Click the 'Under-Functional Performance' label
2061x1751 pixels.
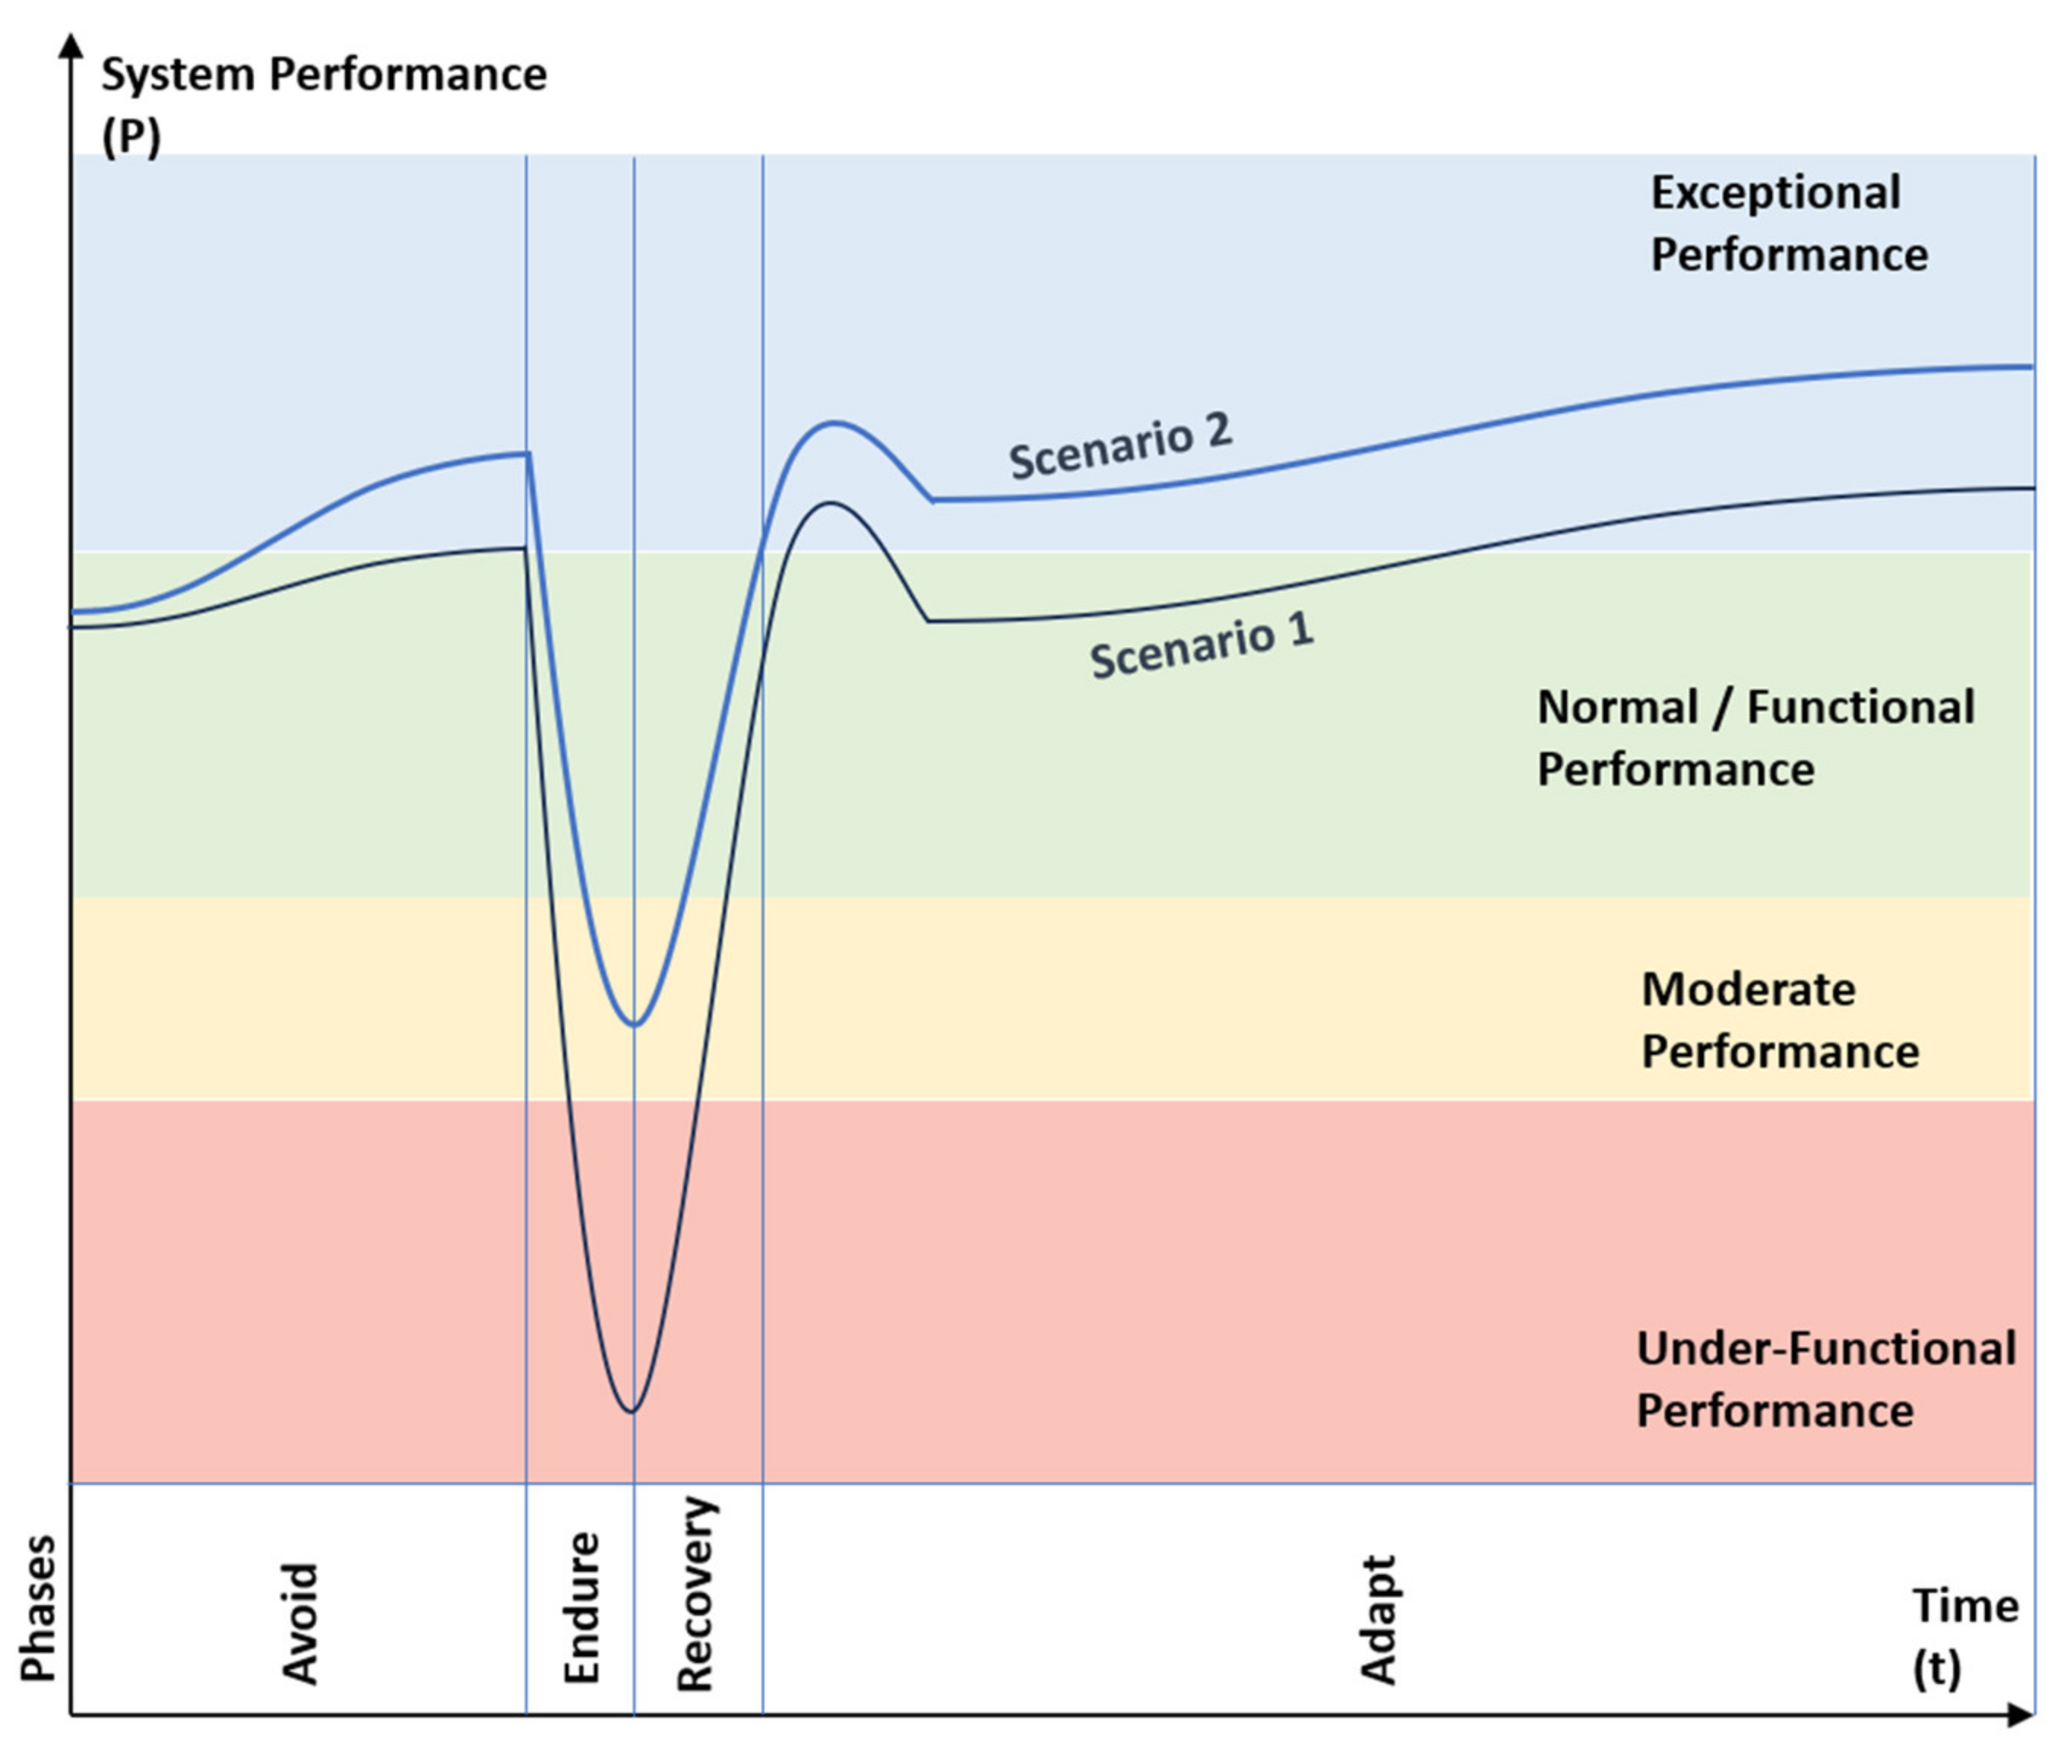tap(1825, 1380)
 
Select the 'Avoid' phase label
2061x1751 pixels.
tap(300, 1624)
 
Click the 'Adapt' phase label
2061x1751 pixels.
tap(1378, 1620)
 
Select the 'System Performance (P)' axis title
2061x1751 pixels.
tap(323, 104)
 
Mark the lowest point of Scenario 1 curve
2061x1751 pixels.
tap(632, 1411)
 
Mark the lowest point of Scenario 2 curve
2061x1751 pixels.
tap(635, 1024)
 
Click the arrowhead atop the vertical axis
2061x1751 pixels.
tap(71, 45)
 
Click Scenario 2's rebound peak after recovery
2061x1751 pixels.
tap(834, 423)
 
